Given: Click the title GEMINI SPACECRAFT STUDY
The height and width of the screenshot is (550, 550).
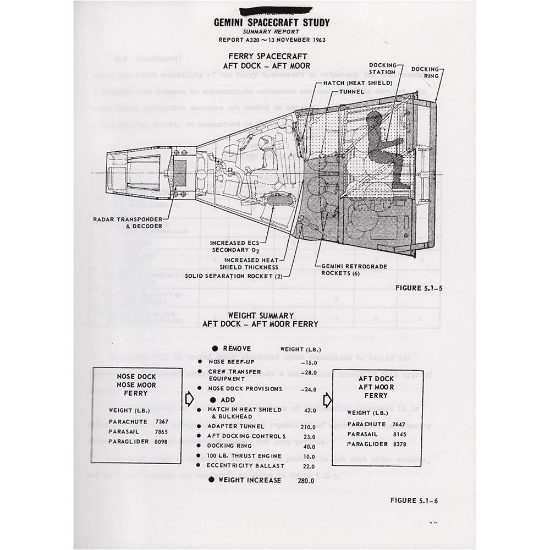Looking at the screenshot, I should point(272,23).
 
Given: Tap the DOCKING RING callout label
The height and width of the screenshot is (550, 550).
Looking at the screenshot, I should point(425,72).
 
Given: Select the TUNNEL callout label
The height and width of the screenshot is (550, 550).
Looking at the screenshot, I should point(352,91).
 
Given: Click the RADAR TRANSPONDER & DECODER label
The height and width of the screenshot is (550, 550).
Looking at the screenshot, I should point(128,222).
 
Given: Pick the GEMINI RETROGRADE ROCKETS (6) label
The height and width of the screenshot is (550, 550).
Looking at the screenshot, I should point(354,269).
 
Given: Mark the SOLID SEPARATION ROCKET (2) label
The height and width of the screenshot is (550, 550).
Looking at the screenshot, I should point(233,276).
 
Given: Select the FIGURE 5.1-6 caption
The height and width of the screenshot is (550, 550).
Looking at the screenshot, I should point(414,500).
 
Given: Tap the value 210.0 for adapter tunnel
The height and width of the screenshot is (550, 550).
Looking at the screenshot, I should point(307,426).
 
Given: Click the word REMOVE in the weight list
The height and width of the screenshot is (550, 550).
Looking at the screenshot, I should point(237,349).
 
